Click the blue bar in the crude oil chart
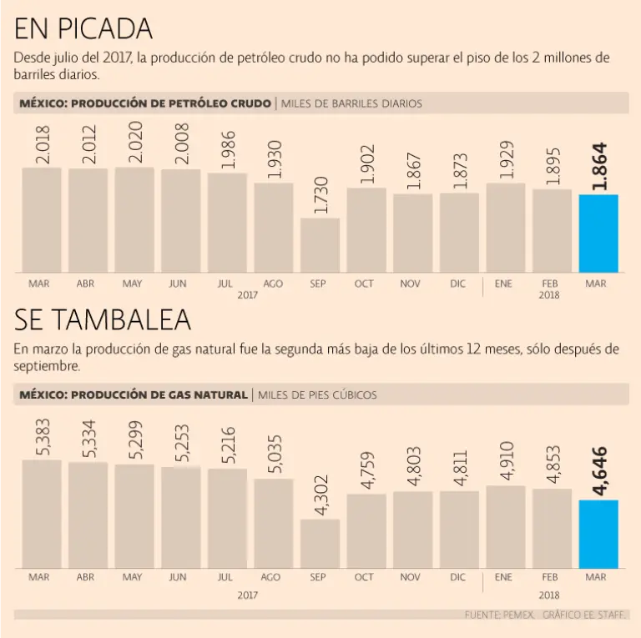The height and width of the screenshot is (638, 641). [x=598, y=234]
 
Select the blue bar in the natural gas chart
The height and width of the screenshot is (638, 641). [x=598, y=534]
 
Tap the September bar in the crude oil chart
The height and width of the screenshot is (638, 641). [x=320, y=245]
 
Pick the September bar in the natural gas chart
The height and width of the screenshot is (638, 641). [x=320, y=544]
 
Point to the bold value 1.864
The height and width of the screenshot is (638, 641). [x=598, y=167]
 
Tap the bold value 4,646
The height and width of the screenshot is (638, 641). [x=598, y=471]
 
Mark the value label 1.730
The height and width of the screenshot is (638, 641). [x=320, y=195]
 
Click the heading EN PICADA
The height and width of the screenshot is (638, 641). [x=83, y=29]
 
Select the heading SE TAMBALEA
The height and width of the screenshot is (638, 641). [x=103, y=319]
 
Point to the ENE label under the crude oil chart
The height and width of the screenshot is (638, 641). [x=503, y=284]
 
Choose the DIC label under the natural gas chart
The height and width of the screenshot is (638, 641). [x=457, y=577]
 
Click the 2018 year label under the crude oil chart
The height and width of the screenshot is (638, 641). [x=548, y=295]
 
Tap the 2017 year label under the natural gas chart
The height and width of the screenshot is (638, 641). [x=247, y=595]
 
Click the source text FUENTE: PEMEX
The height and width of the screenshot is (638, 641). [x=499, y=615]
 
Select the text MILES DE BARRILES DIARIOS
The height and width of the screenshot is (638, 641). [x=351, y=103]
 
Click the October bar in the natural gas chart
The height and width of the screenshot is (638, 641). [x=366, y=531]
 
